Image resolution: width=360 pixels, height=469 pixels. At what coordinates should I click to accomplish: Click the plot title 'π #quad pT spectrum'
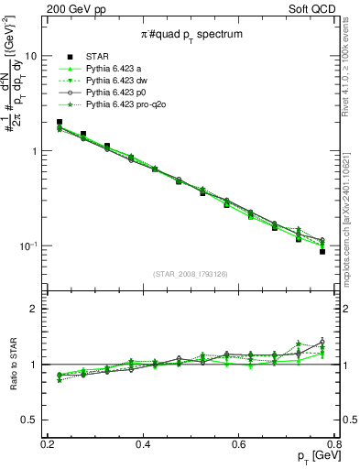191,34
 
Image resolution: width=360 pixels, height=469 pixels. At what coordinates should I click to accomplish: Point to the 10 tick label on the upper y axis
30,55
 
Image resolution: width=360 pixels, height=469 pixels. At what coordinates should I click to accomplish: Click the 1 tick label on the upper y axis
33,151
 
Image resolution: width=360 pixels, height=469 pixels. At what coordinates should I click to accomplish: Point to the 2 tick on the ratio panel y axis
34,309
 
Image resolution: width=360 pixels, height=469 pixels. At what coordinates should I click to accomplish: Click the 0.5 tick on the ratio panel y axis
30,420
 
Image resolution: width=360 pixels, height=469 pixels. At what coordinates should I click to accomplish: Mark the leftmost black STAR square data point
60,122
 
